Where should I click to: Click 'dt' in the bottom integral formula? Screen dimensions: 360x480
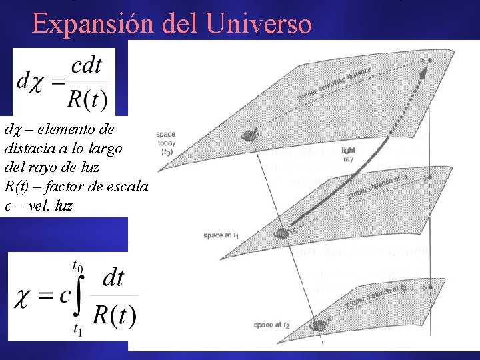click(x=112, y=277)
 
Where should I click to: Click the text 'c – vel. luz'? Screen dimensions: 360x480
click(x=39, y=206)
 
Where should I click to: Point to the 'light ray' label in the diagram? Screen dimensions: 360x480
click(x=348, y=155)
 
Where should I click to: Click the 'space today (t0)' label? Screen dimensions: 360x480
click(x=167, y=143)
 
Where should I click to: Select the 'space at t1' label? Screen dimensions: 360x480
click(x=222, y=235)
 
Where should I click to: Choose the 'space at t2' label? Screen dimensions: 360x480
click(x=271, y=325)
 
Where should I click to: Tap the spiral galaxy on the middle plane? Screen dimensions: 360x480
click(x=284, y=233)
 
